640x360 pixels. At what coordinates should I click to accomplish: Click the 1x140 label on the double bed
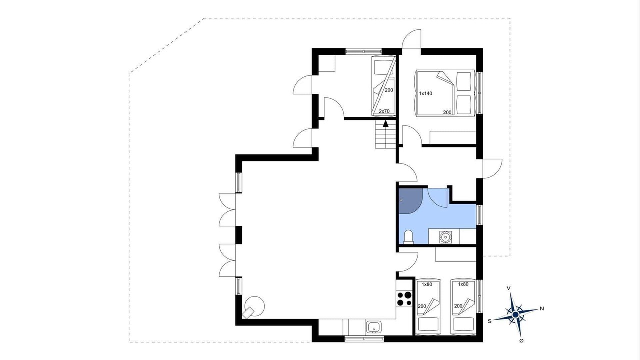click(x=425, y=93)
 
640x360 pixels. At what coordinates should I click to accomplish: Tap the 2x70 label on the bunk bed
click(x=384, y=111)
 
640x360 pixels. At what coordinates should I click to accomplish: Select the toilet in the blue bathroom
click(x=409, y=237)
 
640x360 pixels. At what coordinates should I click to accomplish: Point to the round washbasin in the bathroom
click(x=445, y=237)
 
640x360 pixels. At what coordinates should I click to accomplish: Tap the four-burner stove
click(x=404, y=299)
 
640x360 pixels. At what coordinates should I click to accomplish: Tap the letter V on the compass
click(x=509, y=288)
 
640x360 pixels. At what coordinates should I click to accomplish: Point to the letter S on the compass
click(x=489, y=321)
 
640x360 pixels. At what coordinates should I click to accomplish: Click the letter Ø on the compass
click(x=521, y=341)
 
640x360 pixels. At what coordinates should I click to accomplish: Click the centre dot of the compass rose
click(x=515, y=314)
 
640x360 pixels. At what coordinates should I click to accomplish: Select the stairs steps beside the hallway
click(x=385, y=134)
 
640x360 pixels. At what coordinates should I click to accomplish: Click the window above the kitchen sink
click(x=364, y=339)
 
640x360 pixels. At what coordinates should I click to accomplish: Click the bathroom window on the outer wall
click(x=479, y=215)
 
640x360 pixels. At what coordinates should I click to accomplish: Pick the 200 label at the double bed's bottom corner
click(x=447, y=112)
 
